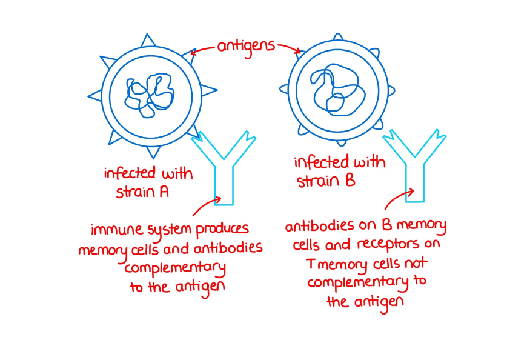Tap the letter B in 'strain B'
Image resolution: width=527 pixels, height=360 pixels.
(x=350, y=181)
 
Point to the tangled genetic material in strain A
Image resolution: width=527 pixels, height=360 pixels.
(x=148, y=95)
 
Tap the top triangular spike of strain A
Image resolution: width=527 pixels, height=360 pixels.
(x=147, y=41)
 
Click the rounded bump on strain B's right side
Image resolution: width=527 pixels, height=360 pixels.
(x=391, y=90)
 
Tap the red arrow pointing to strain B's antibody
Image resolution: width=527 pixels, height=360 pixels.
(x=398, y=199)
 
